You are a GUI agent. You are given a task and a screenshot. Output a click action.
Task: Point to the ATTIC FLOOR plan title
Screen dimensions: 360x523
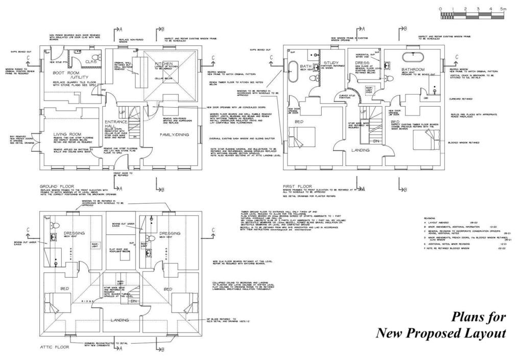[55, 347]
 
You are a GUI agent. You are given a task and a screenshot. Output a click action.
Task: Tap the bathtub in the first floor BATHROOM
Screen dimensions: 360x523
[410, 56]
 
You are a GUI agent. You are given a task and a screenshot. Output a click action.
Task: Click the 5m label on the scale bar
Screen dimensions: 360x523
[503, 9]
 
